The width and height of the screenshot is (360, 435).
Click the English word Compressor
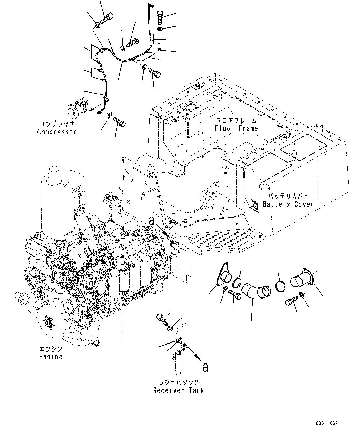coord(57,132)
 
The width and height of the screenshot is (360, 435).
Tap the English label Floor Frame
coord(237,128)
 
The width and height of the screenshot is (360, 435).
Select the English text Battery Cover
coord(288,204)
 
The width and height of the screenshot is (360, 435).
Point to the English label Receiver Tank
coord(179,390)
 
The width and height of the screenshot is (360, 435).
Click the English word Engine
coord(51,357)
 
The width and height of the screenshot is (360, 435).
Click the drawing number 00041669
coord(327,423)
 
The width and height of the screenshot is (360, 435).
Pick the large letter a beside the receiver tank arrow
coord(205,367)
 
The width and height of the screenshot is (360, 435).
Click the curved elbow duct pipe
coord(256,291)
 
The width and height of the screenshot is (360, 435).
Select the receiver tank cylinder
coord(179,361)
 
